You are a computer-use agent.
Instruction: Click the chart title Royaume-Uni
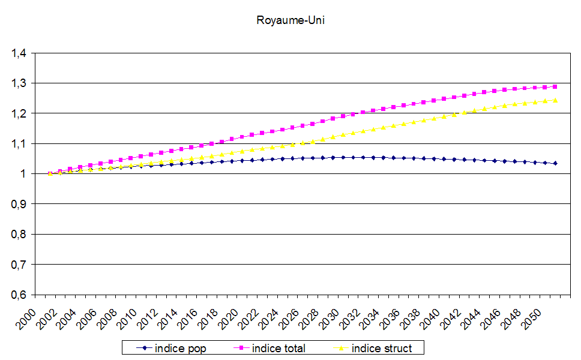[290, 20]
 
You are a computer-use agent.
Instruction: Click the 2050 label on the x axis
[534, 317]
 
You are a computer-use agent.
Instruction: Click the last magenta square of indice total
[555, 87]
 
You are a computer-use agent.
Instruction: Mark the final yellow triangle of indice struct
[555, 100]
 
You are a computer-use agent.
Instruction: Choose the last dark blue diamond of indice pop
[555, 163]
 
